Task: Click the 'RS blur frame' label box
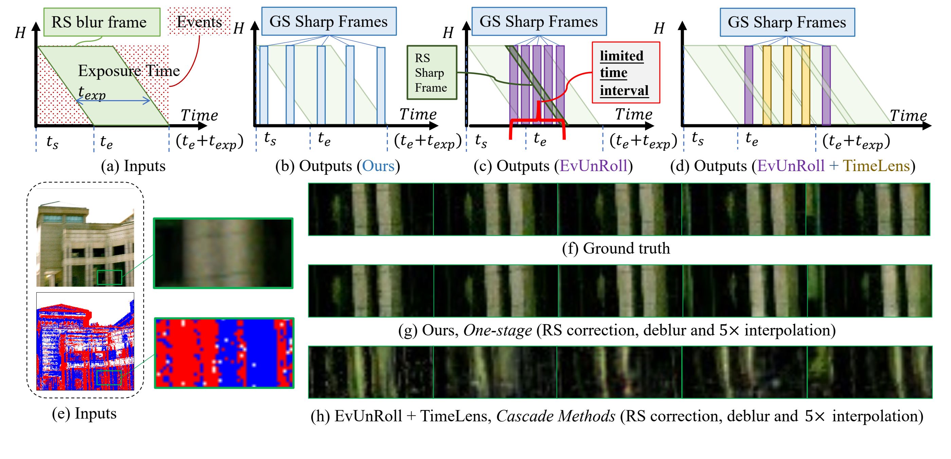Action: point(102,22)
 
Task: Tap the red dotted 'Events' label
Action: point(199,22)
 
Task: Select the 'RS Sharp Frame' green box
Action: point(432,73)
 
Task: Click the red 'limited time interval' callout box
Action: point(625,73)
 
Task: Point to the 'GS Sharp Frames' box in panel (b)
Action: point(328,21)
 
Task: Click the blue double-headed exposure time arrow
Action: point(113,100)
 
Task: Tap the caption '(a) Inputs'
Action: point(133,166)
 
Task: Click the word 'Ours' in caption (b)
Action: point(378,166)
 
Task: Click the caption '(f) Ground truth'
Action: point(615,248)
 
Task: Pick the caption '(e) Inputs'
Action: point(84,414)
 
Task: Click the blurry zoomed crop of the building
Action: point(223,253)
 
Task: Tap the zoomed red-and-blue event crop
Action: point(224,353)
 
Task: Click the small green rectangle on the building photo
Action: point(109,277)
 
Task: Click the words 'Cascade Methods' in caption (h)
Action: point(556,416)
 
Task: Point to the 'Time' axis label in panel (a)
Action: point(199,115)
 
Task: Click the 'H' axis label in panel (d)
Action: point(659,29)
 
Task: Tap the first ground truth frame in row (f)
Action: point(371,209)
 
